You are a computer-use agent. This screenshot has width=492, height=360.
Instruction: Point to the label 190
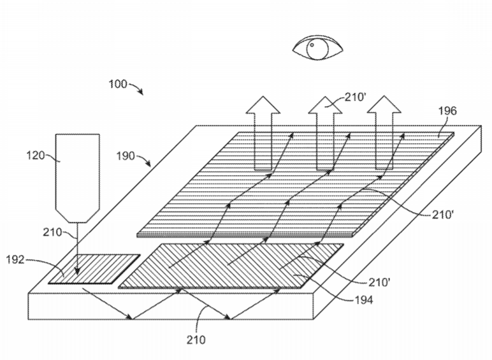126,155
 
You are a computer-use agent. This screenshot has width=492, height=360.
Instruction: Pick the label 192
15,260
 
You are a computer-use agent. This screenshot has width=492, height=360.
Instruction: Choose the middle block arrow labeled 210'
326,134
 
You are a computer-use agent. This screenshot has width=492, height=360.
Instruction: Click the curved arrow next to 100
136,87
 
